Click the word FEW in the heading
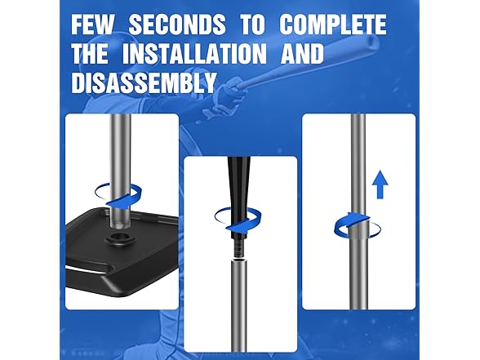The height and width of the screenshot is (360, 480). [92, 24]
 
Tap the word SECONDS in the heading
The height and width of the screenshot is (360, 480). [177, 24]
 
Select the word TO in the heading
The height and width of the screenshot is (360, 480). [252, 24]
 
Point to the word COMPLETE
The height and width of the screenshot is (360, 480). [333, 24]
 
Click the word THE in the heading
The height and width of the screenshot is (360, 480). [90, 54]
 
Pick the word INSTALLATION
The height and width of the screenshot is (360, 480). [194, 54]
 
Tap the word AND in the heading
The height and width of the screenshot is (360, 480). [302, 54]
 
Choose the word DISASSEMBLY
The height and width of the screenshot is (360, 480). [144, 83]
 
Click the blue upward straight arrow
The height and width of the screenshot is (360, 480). [380, 184]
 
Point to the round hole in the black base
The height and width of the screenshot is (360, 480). [119, 237]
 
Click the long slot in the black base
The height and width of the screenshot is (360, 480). [89, 269]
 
